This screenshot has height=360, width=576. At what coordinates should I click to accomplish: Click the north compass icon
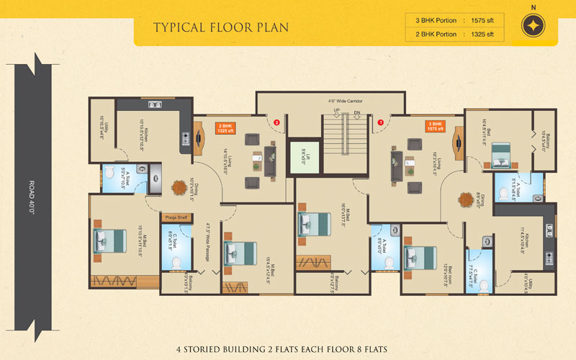click(533, 24)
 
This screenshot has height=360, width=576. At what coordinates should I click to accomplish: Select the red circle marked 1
click(382, 122)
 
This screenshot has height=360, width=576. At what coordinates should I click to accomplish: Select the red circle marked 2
click(276, 122)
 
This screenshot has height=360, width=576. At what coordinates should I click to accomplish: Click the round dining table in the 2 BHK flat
click(178, 186)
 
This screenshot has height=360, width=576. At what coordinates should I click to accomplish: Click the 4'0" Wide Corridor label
click(345, 102)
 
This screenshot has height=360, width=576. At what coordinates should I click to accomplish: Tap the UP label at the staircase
click(336, 110)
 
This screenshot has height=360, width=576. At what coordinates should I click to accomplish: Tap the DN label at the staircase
click(357, 110)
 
